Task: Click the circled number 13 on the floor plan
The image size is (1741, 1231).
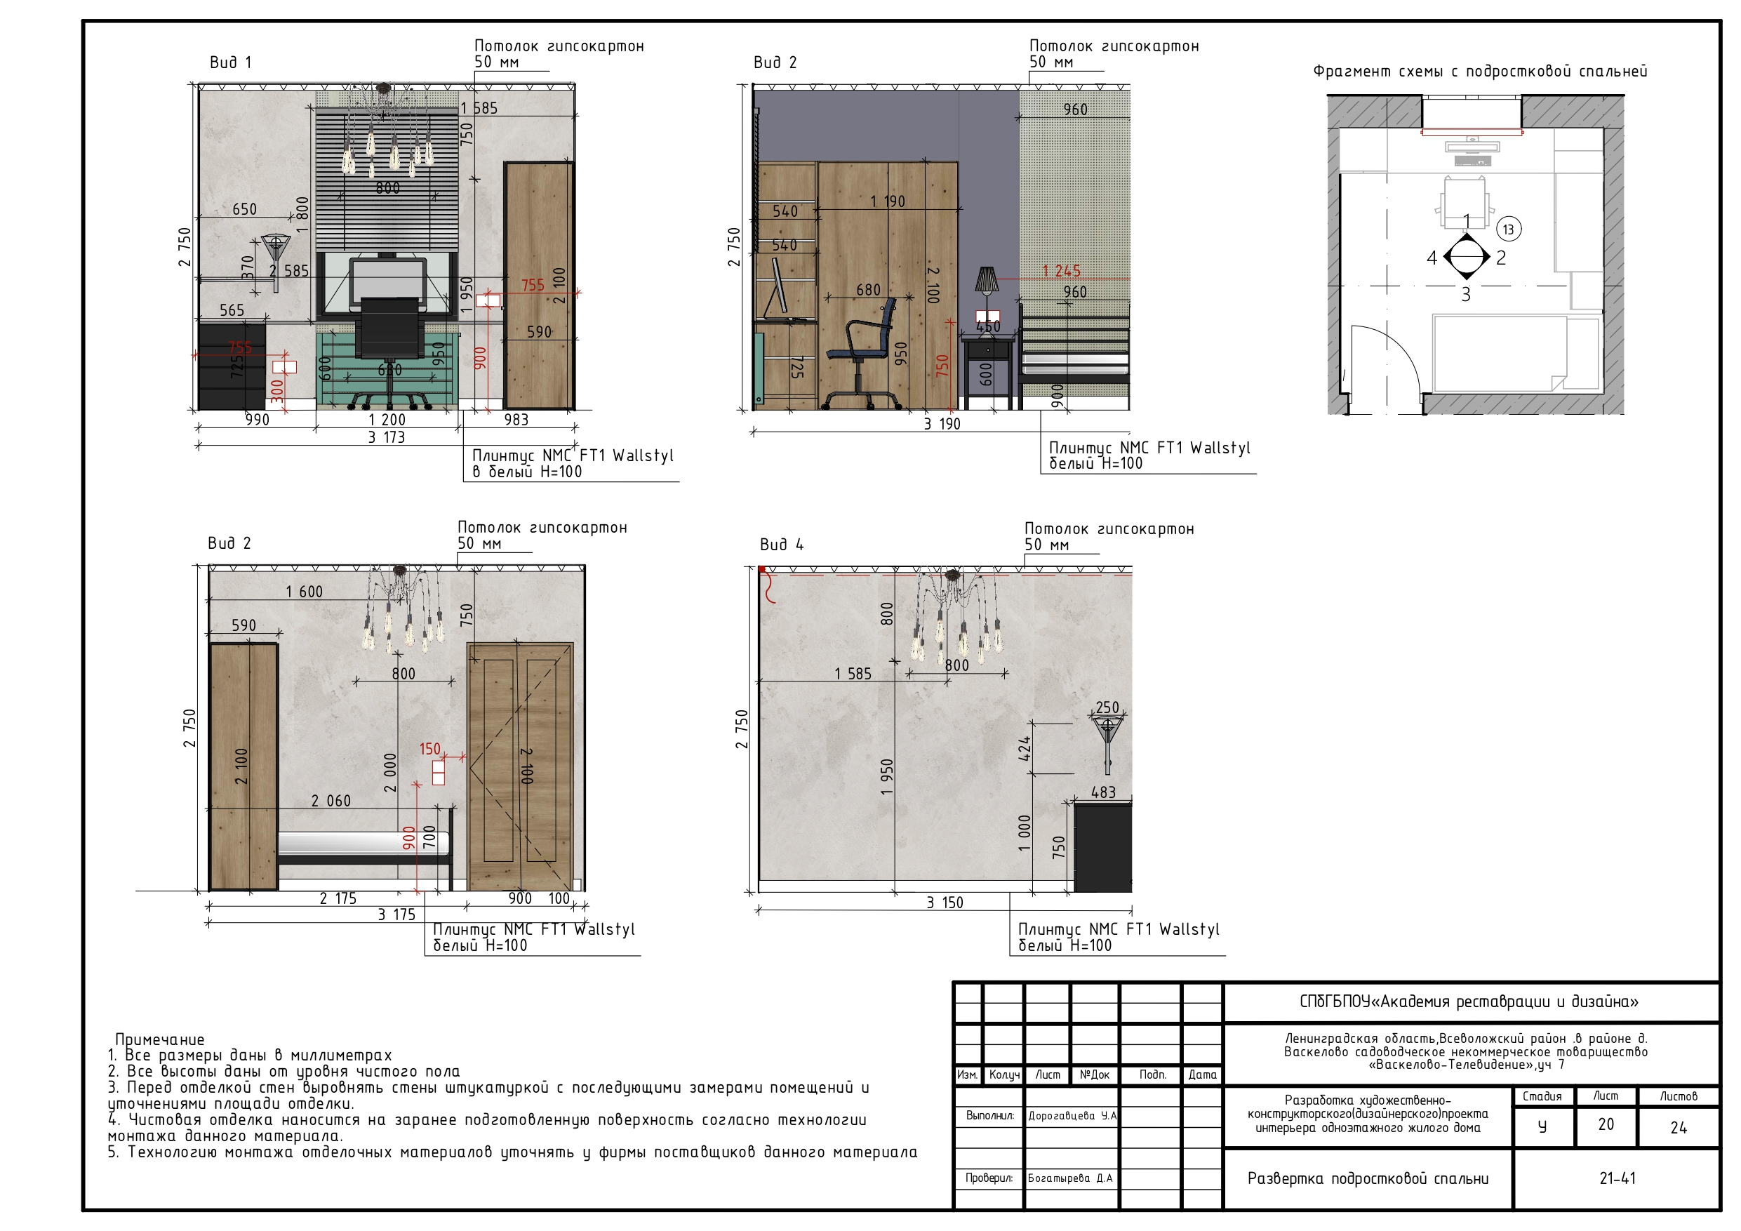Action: point(1508,229)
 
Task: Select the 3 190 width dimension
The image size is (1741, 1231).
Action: point(942,424)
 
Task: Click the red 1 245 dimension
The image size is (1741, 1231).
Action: point(1062,271)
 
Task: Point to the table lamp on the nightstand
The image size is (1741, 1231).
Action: point(986,281)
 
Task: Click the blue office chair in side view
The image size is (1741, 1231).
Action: point(860,353)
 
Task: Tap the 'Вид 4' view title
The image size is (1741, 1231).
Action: point(782,545)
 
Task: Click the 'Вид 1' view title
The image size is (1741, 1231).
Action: point(230,62)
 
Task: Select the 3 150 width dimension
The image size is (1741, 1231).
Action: point(945,903)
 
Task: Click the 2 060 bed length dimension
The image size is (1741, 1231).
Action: point(331,801)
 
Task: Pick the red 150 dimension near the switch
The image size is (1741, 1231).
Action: point(430,749)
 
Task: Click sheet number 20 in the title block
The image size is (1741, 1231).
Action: point(1606,1125)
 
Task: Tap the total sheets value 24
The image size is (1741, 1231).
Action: point(1679,1128)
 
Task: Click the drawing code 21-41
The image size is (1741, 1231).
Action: point(1617,1178)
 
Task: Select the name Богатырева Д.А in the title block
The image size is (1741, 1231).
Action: point(1071,1178)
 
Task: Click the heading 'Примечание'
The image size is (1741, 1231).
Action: point(160,1039)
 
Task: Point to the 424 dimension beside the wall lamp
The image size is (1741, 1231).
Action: point(1025,748)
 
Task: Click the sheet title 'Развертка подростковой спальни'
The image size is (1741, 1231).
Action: point(1368,1178)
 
